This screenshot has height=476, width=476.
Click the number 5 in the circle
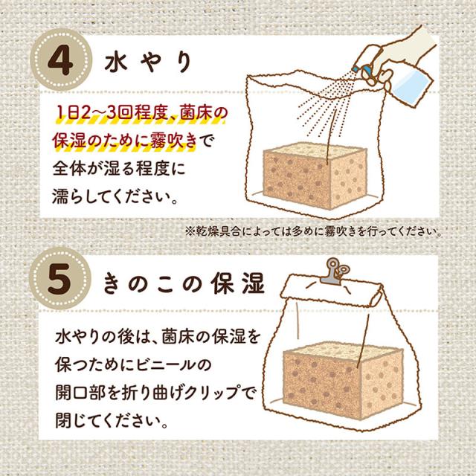click(59, 279)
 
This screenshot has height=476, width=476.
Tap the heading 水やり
click(148, 62)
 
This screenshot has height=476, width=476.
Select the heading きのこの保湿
click(184, 284)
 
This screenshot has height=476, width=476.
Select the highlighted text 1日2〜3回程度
click(112, 113)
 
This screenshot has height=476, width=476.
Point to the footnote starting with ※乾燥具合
click(313, 231)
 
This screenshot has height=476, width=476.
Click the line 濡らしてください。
click(115, 196)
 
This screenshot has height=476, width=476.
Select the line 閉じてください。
click(112, 420)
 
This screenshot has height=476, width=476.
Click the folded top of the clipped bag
click(331, 290)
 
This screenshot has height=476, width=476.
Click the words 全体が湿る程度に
click(119, 169)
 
